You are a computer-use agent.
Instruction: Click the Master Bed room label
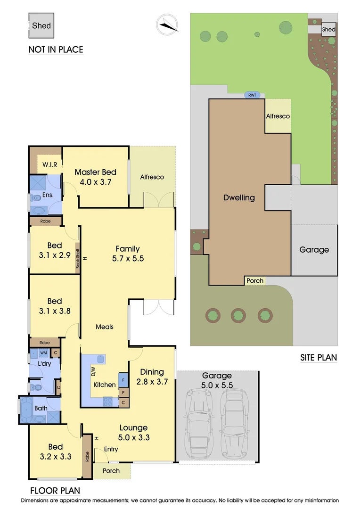(x=96, y=177)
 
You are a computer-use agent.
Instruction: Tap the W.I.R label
(x=49, y=164)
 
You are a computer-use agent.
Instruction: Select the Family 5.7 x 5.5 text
(x=128, y=254)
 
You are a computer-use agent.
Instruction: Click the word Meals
(x=105, y=327)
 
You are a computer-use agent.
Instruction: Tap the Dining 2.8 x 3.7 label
(x=152, y=377)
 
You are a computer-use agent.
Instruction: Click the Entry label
(x=111, y=449)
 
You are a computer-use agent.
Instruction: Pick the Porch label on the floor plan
(x=111, y=470)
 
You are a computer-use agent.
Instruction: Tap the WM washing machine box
(x=44, y=353)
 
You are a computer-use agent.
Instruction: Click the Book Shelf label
(x=78, y=258)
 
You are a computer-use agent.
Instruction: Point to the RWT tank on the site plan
(x=253, y=95)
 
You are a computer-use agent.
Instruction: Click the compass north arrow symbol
(x=168, y=24)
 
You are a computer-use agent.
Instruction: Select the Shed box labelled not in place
(x=41, y=26)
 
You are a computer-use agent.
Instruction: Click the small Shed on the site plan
(x=328, y=29)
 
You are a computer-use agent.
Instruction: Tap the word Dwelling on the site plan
(x=239, y=197)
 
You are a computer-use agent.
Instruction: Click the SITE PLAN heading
(x=319, y=357)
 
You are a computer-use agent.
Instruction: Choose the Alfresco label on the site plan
(x=278, y=116)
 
